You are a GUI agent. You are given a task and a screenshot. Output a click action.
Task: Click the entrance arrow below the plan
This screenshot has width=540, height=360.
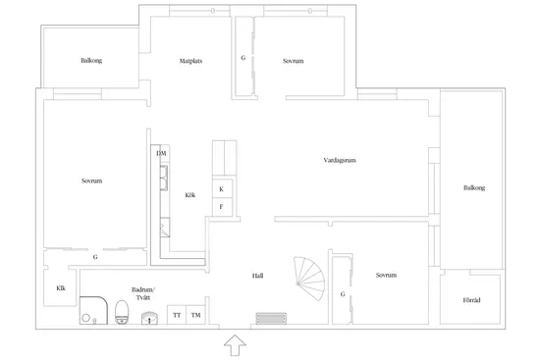235,345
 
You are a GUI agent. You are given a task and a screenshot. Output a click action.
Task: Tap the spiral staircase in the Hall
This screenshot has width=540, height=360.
310,278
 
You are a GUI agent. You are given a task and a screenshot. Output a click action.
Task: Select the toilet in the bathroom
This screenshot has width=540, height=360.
122,312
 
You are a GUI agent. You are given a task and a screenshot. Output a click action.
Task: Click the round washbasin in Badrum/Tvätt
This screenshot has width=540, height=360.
149,318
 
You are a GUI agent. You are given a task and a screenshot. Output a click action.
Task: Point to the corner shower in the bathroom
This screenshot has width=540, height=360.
93,310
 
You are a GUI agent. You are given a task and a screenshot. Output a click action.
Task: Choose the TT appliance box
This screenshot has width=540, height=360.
177,315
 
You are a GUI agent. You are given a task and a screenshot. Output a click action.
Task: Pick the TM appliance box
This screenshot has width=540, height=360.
195,315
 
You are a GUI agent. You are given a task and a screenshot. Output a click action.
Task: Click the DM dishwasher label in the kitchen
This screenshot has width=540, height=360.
161,153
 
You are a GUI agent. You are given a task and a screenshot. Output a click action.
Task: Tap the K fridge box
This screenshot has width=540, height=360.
222,188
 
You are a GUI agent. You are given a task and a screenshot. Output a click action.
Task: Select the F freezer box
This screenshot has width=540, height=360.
222,207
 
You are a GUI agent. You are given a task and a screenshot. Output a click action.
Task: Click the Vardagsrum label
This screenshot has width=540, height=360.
340,160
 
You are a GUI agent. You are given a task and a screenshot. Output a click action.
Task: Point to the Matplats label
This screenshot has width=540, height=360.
190,61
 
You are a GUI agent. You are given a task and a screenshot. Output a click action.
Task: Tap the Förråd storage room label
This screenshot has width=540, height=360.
471,300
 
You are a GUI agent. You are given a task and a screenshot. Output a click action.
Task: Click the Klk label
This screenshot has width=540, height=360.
61,288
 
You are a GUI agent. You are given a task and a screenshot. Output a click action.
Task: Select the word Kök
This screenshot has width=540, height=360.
190,195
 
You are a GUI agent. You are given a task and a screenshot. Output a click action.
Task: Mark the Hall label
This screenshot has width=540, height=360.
257,276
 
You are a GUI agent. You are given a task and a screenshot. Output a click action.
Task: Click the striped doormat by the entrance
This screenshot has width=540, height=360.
271,319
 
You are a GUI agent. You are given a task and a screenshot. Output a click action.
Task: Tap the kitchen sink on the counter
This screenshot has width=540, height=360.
164,178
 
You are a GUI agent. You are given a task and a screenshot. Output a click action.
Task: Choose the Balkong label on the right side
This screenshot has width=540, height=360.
474,188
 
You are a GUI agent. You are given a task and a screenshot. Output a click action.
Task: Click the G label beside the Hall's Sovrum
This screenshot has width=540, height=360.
343,294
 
